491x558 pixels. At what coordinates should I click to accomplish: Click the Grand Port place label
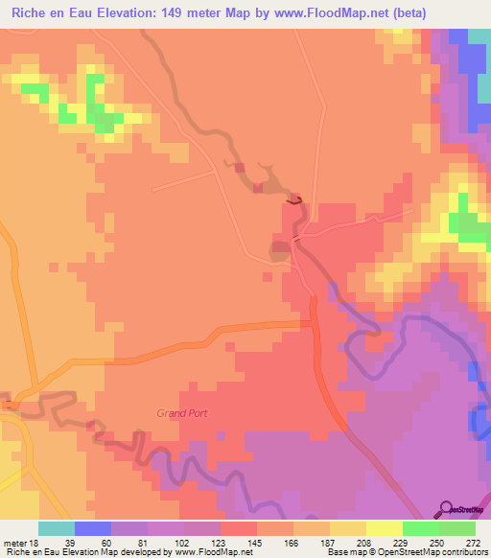pyautogui.click(x=182, y=413)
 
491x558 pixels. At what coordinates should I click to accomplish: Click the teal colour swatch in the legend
pyautogui.click(x=57, y=528)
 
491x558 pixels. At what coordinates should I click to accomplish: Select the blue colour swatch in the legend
pyautogui.click(x=93, y=528)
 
